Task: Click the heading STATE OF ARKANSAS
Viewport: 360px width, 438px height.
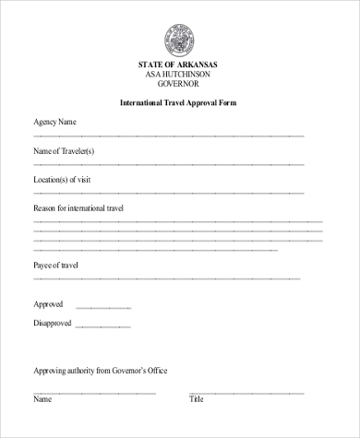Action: [x=180, y=65]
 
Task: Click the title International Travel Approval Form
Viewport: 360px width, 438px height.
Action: [x=180, y=102]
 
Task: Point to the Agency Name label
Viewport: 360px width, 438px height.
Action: [x=55, y=122]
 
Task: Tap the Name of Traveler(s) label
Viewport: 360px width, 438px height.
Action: [x=64, y=150]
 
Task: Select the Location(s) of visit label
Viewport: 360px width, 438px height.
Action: [x=62, y=179]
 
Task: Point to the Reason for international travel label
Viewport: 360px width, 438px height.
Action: [x=78, y=208]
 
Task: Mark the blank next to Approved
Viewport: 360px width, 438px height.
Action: [x=96, y=308]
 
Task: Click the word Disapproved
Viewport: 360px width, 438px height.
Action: [x=54, y=323]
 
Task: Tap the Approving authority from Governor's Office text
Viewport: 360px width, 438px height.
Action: [x=101, y=371]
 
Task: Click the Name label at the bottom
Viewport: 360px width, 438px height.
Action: [x=42, y=400]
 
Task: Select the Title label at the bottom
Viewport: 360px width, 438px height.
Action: [x=197, y=400]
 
